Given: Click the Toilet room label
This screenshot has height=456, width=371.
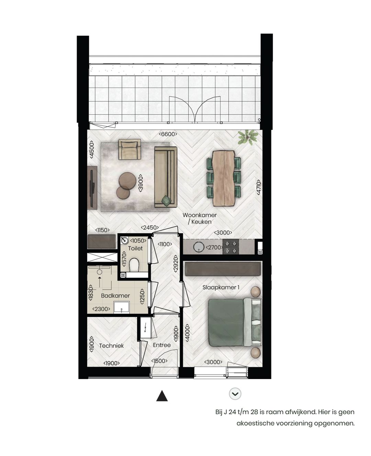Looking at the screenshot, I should pyautogui.click(x=135, y=248).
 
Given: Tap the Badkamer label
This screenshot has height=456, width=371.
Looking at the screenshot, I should pyautogui.click(x=115, y=296).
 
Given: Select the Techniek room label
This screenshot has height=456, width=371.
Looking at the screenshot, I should pyautogui.click(x=111, y=346).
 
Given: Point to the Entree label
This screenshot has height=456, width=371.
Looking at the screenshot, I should pyautogui.click(x=162, y=345).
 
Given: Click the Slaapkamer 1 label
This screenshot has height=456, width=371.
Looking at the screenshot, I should pyautogui.click(x=221, y=287).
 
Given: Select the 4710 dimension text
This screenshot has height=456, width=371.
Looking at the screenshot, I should pyautogui.click(x=259, y=188).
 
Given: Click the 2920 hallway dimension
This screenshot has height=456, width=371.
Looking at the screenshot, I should pyautogui.click(x=176, y=264).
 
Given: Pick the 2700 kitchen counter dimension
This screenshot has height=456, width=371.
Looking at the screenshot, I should pyautogui.click(x=214, y=247).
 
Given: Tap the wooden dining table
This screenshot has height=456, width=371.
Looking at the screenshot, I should pyautogui.click(x=223, y=178).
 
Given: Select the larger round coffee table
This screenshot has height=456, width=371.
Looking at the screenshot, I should pyautogui.click(x=127, y=181).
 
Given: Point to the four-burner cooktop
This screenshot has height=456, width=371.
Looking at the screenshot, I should pyautogui.click(x=231, y=247).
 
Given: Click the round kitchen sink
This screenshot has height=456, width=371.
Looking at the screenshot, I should pyautogui.click(x=199, y=247).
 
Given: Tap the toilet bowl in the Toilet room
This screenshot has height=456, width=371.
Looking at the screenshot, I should pyautogui.click(x=134, y=265).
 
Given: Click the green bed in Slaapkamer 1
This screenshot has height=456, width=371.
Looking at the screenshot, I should pyautogui.click(x=230, y=322).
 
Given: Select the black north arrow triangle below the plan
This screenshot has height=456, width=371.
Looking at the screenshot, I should pyautogui.click(x=162, y=396).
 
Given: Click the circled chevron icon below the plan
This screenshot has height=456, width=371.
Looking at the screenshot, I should pyautogui.click(x=235, y=394).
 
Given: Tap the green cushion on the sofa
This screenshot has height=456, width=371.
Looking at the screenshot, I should pyautogui.click(x=167, y=201).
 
